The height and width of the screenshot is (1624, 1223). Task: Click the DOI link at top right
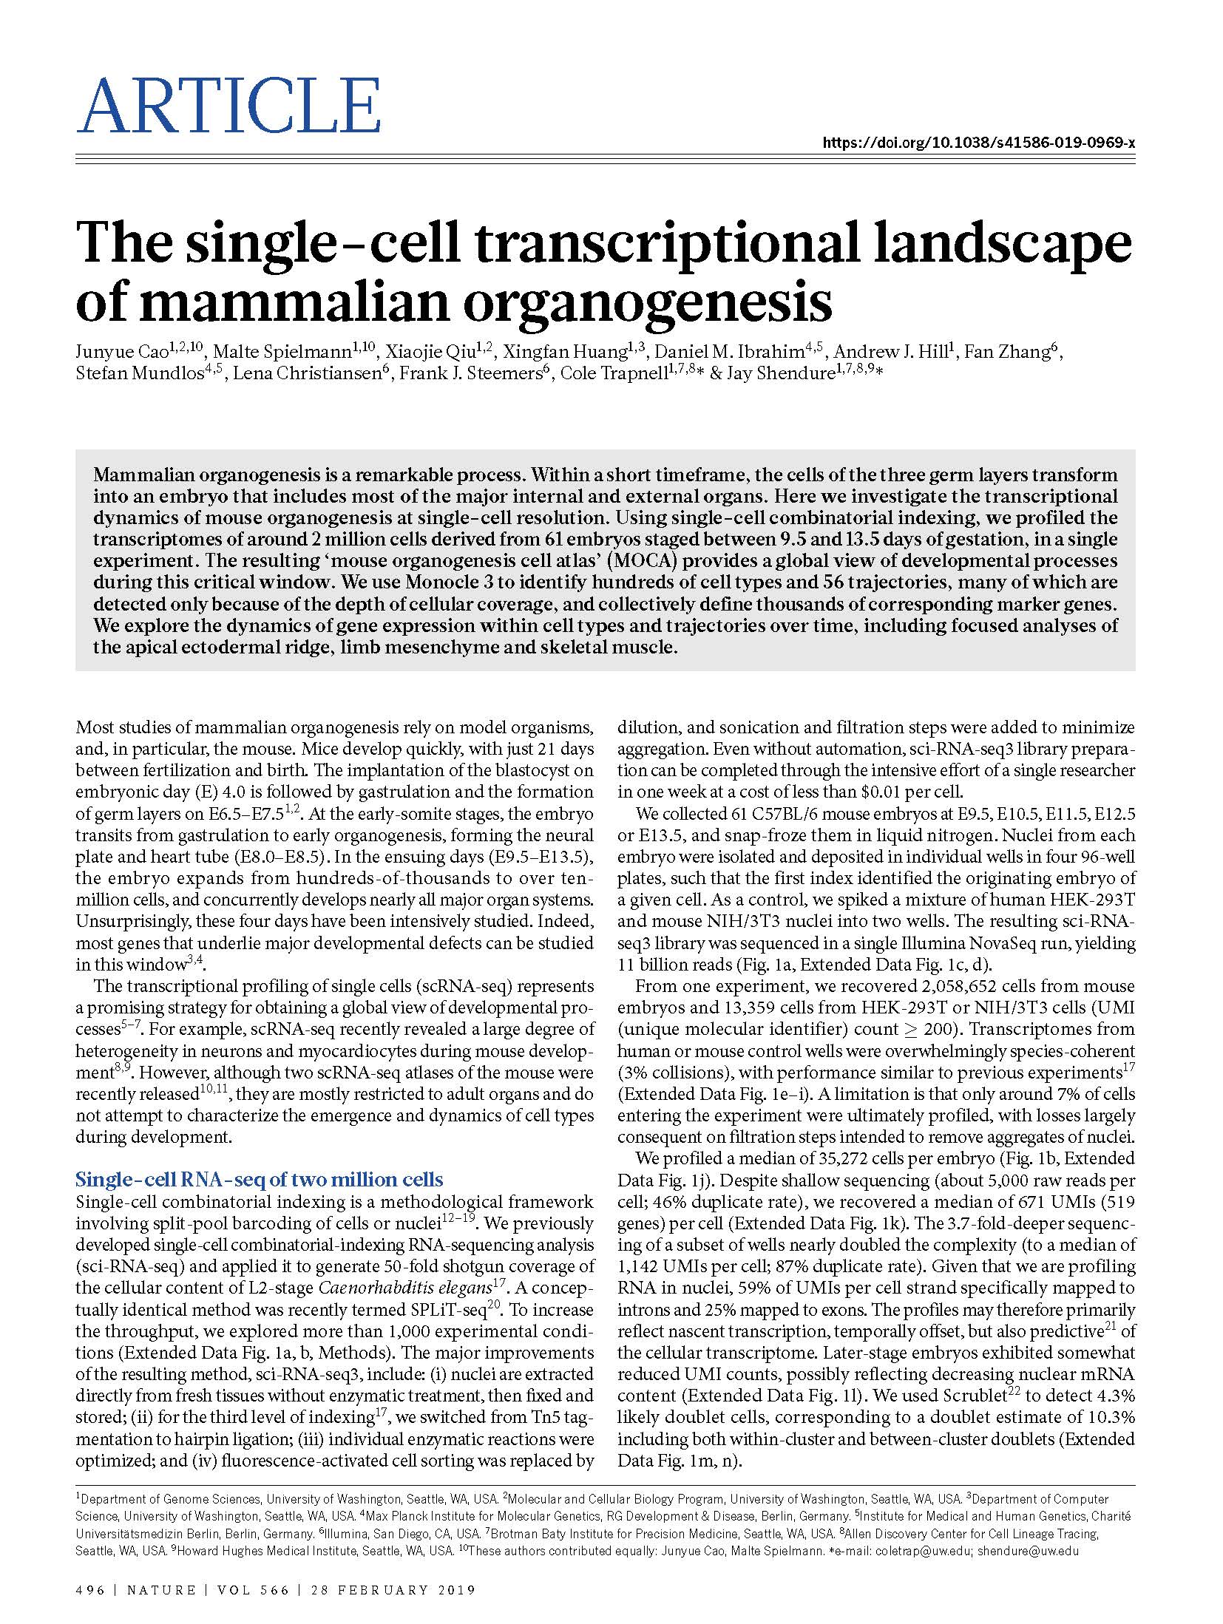979,143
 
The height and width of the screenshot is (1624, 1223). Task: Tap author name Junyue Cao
121,352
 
